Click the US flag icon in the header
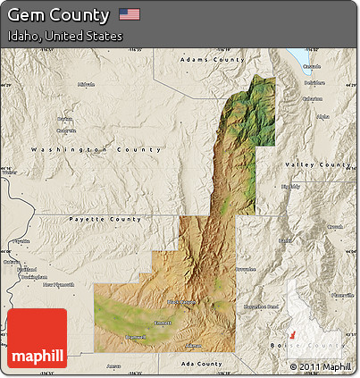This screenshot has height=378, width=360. pyautogui.click(x=130, y=14)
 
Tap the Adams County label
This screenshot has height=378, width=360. pyautogui.click(x=212, y=59)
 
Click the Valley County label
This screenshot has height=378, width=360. pyautogui.click(x=317, y=165)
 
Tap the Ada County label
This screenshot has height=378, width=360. pyautogui.click(x=198, y=364)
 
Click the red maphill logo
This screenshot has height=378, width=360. pyautogui.click(x=37, y=340)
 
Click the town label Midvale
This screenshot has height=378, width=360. pyautogui.click(x=87, y=85)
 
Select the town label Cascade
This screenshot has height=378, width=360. pyautogui.click(x=311, y=67)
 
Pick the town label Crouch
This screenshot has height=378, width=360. pyautogui.click(x=334, y=228)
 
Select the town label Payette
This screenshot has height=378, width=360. pyautogui.click(x=20, y=241)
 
